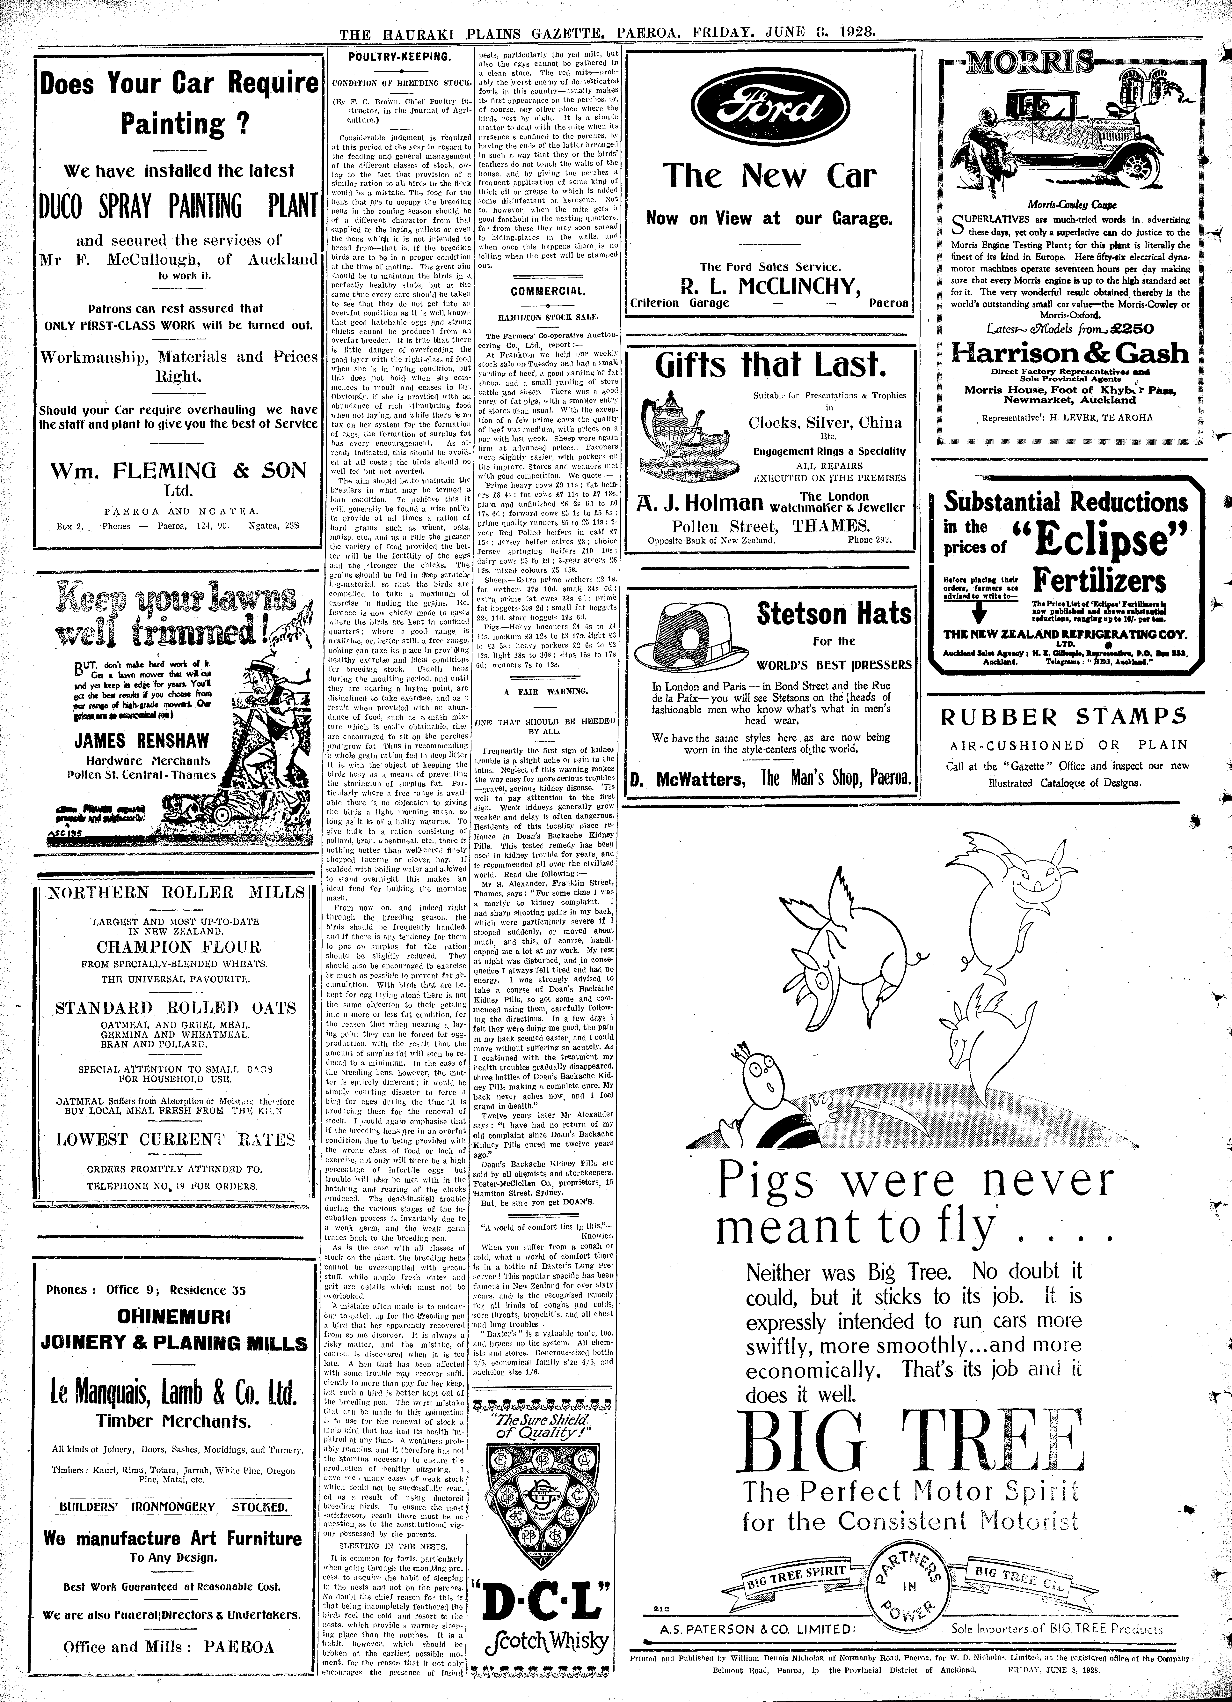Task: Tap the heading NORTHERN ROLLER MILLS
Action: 176,892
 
